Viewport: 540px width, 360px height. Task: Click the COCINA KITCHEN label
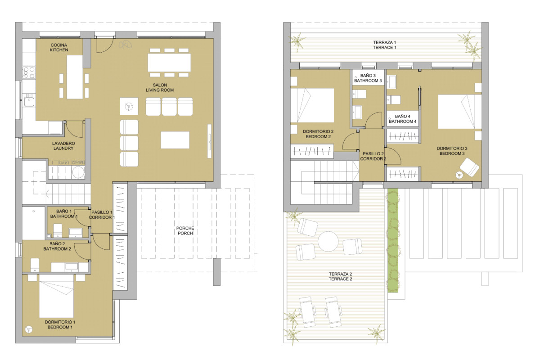coord(59,48)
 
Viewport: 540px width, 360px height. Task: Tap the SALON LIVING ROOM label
coord(160,88)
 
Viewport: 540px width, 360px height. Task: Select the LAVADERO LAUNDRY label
coord(63,146)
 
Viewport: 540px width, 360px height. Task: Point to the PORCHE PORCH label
coord(185,231)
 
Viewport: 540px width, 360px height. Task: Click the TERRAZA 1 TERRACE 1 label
coord(384,45)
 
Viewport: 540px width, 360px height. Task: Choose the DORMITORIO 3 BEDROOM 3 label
coord(452,151)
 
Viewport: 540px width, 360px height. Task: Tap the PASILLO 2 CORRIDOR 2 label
coord(373,156)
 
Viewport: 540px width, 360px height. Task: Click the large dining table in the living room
coord(169,63)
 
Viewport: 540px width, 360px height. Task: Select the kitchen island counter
coord(75,77)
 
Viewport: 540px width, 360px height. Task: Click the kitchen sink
coord(29,102)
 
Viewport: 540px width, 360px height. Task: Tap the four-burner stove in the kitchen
coord(29,73)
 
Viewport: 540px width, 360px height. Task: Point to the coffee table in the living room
coord(175,140)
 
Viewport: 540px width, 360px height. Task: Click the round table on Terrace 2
coord(328,241)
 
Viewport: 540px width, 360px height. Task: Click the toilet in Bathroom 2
coord(35,265)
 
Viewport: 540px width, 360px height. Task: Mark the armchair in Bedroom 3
coord(469,167)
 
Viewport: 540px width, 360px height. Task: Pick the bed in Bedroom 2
coord(312,105)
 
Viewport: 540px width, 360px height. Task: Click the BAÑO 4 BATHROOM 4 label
coord(403,119)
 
